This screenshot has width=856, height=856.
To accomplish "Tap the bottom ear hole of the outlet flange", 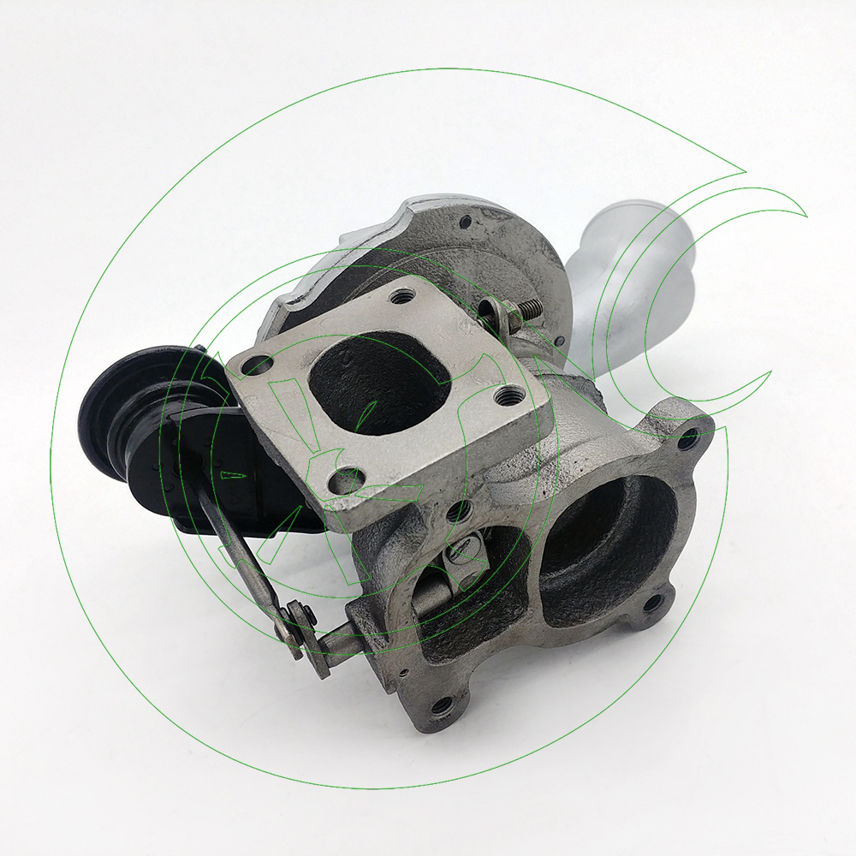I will click(442, 706).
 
